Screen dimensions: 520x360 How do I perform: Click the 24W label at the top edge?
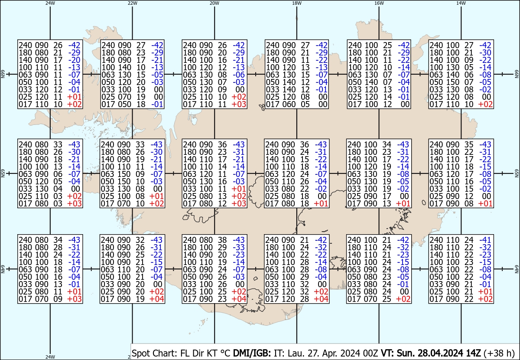click(50, 3)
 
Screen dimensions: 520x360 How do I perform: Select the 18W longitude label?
click(297, 3)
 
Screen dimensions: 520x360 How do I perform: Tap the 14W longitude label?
click(461, 3)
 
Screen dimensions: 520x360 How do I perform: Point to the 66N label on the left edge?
click(3, 74)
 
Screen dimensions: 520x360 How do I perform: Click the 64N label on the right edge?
click(517, 269)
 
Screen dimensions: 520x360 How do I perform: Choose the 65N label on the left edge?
click(3, 173)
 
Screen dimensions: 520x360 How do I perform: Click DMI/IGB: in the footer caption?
click(252, 353)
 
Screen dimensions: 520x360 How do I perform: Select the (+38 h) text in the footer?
click(499, 353)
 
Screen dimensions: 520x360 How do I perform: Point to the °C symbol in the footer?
click(225, 353)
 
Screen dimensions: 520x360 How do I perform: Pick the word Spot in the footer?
click(140, 353)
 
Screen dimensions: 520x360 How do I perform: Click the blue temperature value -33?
click(239, 247)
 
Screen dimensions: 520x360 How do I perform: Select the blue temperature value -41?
click(485, 240)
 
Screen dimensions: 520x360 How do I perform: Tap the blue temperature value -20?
click(74, 60)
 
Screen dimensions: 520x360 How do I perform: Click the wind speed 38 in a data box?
click(222, 240)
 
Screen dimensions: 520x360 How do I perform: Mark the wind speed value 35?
click(469, 144)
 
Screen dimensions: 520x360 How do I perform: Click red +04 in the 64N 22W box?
click(157, 299)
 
